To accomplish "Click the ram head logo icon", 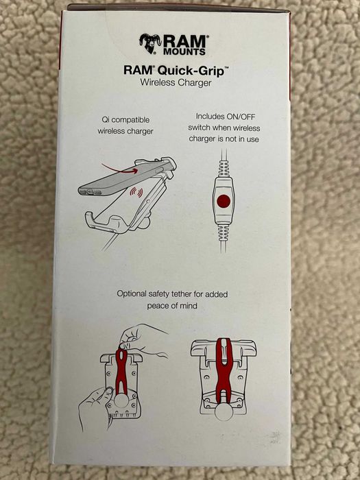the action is coord(150,43).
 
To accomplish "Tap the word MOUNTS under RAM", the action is coord(184,51).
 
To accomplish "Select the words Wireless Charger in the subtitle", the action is coord(176,83).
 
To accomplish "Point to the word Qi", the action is coord(106,119).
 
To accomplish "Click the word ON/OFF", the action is coord(241,117).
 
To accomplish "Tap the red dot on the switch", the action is coord(224,201).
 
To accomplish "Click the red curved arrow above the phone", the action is coord(119,169).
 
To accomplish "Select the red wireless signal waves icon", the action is coord(136,193).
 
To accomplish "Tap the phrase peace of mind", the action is coord(172,306).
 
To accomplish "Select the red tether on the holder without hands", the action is coord(224,370).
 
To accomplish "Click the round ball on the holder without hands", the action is coord(224,411).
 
